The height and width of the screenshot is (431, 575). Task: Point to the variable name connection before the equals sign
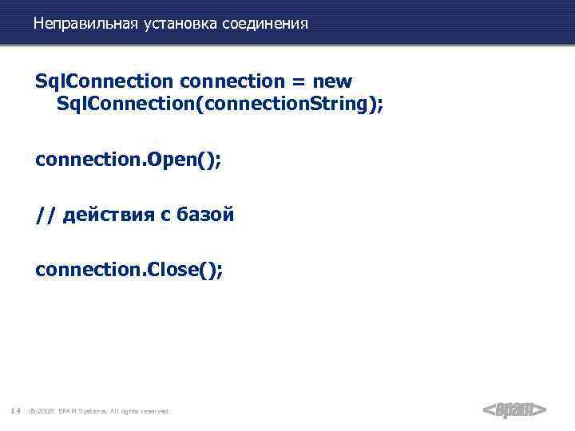point(232,81)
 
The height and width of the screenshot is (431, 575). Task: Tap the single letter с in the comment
point(165,215)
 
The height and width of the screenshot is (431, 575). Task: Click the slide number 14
point(15,411)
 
